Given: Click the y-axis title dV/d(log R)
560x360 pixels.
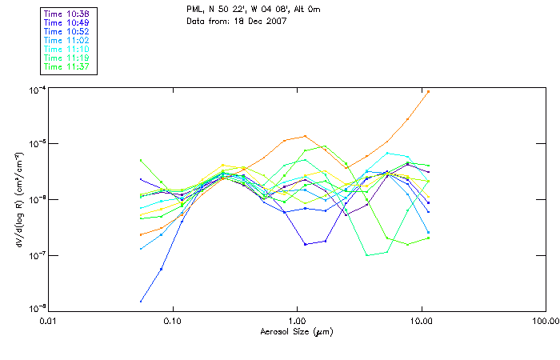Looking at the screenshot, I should click(x=18, y=198).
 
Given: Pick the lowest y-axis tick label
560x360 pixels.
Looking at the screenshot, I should click(x=36, y=309).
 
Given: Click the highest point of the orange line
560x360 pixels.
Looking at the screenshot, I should click(x=429, y=91).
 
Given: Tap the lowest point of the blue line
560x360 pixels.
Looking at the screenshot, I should click(x=142, y=302).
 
